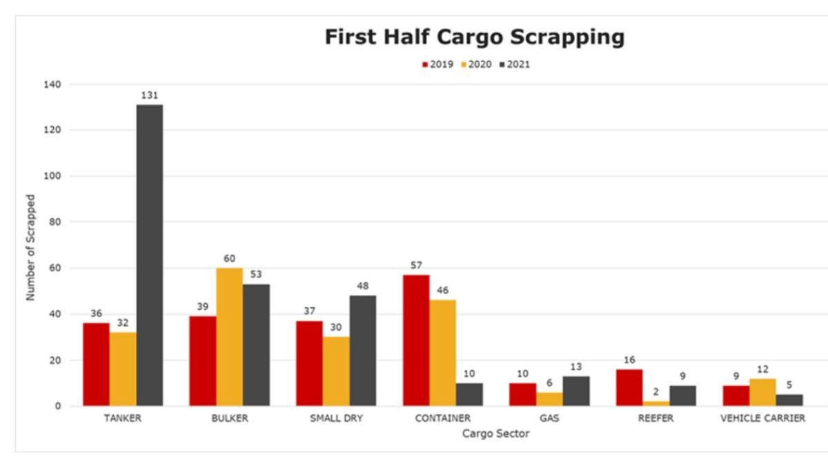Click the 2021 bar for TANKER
[150, 255]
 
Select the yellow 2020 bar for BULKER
[230, 337]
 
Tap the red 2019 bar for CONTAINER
[416, 340]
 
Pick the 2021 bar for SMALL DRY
[363, 351]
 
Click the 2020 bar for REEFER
[655, 403]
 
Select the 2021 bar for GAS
[576, 391]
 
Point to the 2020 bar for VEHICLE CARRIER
[762, 392]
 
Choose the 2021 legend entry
[514, 65]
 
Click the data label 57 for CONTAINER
[416, 265]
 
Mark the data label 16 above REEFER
[629, 360]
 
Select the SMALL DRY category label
[336, 418]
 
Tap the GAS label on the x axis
[549, 418]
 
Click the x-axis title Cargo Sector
[496, 434]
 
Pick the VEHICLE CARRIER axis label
[762, 418]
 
